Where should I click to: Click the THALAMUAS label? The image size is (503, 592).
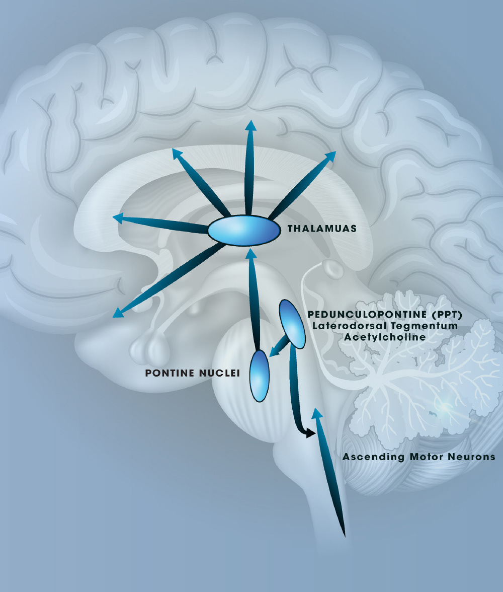click(322, 229)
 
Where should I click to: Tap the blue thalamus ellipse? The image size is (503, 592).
click(243, 231)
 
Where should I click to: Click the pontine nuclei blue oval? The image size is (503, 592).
click(260, 376)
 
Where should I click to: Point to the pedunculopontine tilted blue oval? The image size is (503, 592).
click(292, 324)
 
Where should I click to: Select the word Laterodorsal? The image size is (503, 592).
click(345, 326)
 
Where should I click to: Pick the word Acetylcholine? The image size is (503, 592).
click(385, 337)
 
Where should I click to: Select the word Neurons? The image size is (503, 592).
click(473, 457)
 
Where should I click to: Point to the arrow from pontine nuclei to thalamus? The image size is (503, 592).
click(254, 302)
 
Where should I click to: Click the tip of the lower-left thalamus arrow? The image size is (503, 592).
click(117, 314)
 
